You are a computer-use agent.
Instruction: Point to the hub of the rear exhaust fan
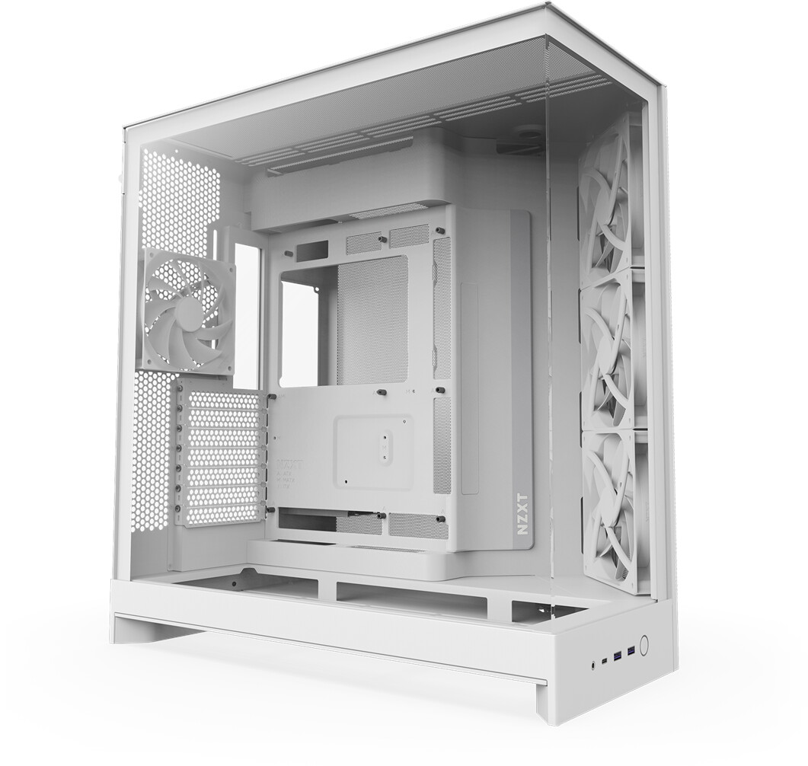pos(187,311)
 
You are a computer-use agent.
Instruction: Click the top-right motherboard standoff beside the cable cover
pos(441,229)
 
